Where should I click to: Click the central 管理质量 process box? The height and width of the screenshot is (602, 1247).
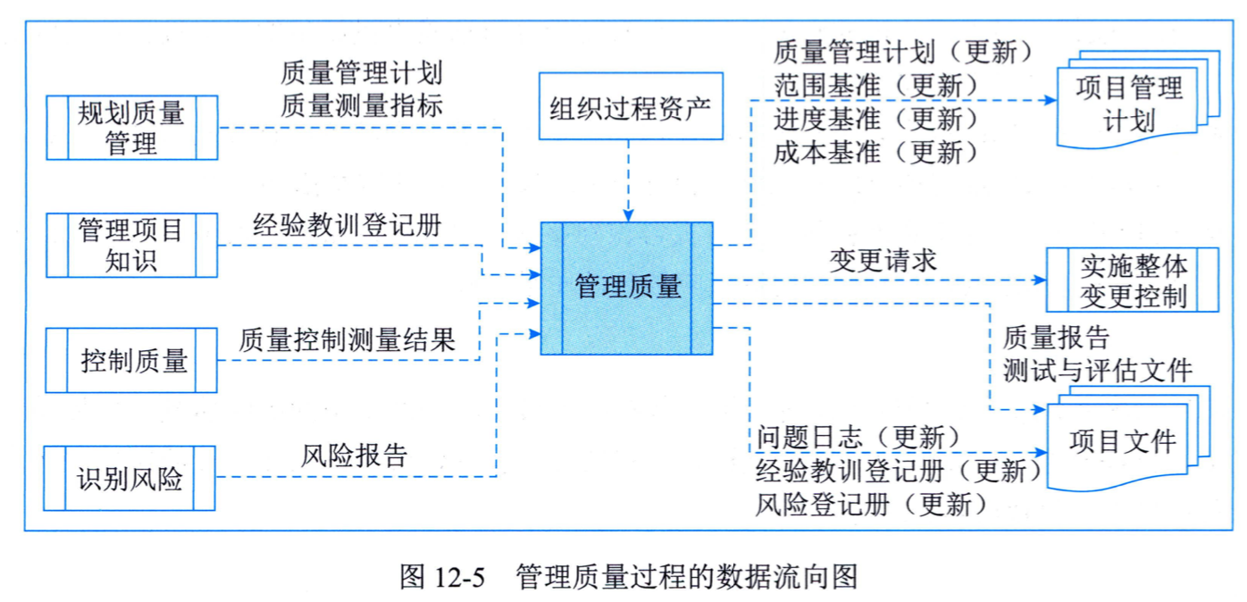coord(627,288)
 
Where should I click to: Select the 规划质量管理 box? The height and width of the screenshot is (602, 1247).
coord(132,128)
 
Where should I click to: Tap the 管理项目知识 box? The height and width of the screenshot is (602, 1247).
coord(132,245)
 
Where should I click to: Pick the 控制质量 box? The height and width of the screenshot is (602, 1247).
coord(131,360)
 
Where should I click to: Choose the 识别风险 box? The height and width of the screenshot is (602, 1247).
coord(130,478)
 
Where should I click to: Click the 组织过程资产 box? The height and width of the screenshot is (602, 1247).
coord(631,105)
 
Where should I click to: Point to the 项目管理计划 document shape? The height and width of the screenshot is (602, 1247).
coord(1138,100)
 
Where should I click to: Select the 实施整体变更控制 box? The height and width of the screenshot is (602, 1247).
coord(1133,280)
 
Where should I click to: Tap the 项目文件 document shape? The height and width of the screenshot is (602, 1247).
coord(1129,439)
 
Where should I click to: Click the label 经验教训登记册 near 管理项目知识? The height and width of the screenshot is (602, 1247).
coord(347,226)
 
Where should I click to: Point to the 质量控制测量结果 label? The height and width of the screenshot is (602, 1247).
coord(347,339)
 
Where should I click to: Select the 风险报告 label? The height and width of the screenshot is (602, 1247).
coord(354,456)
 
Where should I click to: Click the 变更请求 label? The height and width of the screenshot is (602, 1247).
coord(883,261)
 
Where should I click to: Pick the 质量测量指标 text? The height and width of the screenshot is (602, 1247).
coord(361,105)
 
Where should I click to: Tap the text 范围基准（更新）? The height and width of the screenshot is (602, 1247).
coord(875,86)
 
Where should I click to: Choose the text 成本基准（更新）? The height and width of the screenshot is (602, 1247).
coord(875,152)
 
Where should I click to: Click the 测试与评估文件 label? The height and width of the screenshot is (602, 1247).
coord(1097,371)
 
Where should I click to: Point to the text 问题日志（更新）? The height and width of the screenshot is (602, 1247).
coord(858,437)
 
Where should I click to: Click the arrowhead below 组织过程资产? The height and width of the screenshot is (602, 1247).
coord(629,215)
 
